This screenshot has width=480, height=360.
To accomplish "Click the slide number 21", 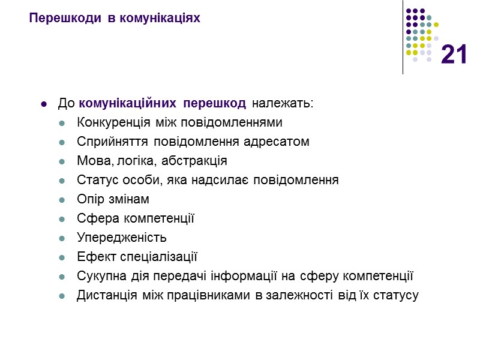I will coord(454,56).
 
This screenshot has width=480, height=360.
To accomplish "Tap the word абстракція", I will coord(197,161).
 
